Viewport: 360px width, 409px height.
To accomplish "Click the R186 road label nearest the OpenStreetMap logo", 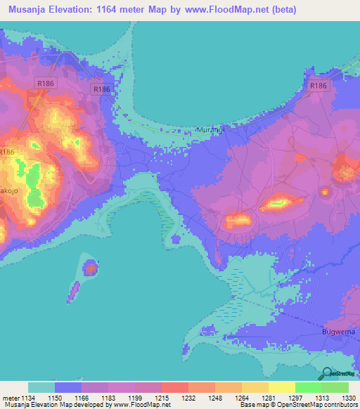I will (x=319, y=86).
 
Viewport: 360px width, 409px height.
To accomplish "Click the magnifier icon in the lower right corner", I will (x=328, y=375).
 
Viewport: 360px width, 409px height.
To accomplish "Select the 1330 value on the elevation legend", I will (x=348, y=398).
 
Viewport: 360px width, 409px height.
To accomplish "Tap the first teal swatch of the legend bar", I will (x=41, y=387).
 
